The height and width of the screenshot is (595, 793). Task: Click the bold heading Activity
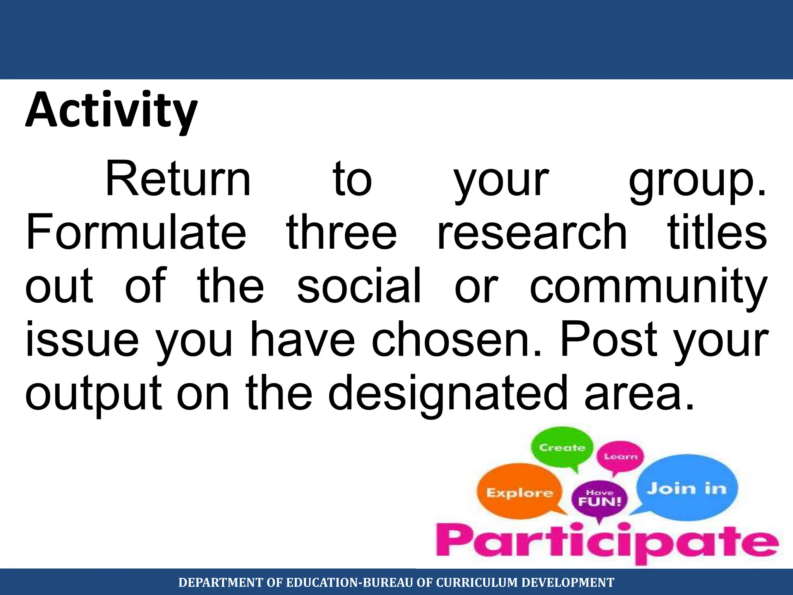tap(112, 110)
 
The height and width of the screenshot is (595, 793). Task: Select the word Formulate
tap(136, 232)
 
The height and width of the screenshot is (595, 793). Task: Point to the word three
tap(342, 232)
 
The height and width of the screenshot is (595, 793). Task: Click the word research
tap(532, 232)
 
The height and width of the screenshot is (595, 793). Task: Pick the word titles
tap(717, 232)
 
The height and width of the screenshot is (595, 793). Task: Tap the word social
tap(359, 286)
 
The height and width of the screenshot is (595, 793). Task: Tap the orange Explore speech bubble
tap(519, 492)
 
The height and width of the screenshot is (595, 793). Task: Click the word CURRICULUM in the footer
tap(477, 582)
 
